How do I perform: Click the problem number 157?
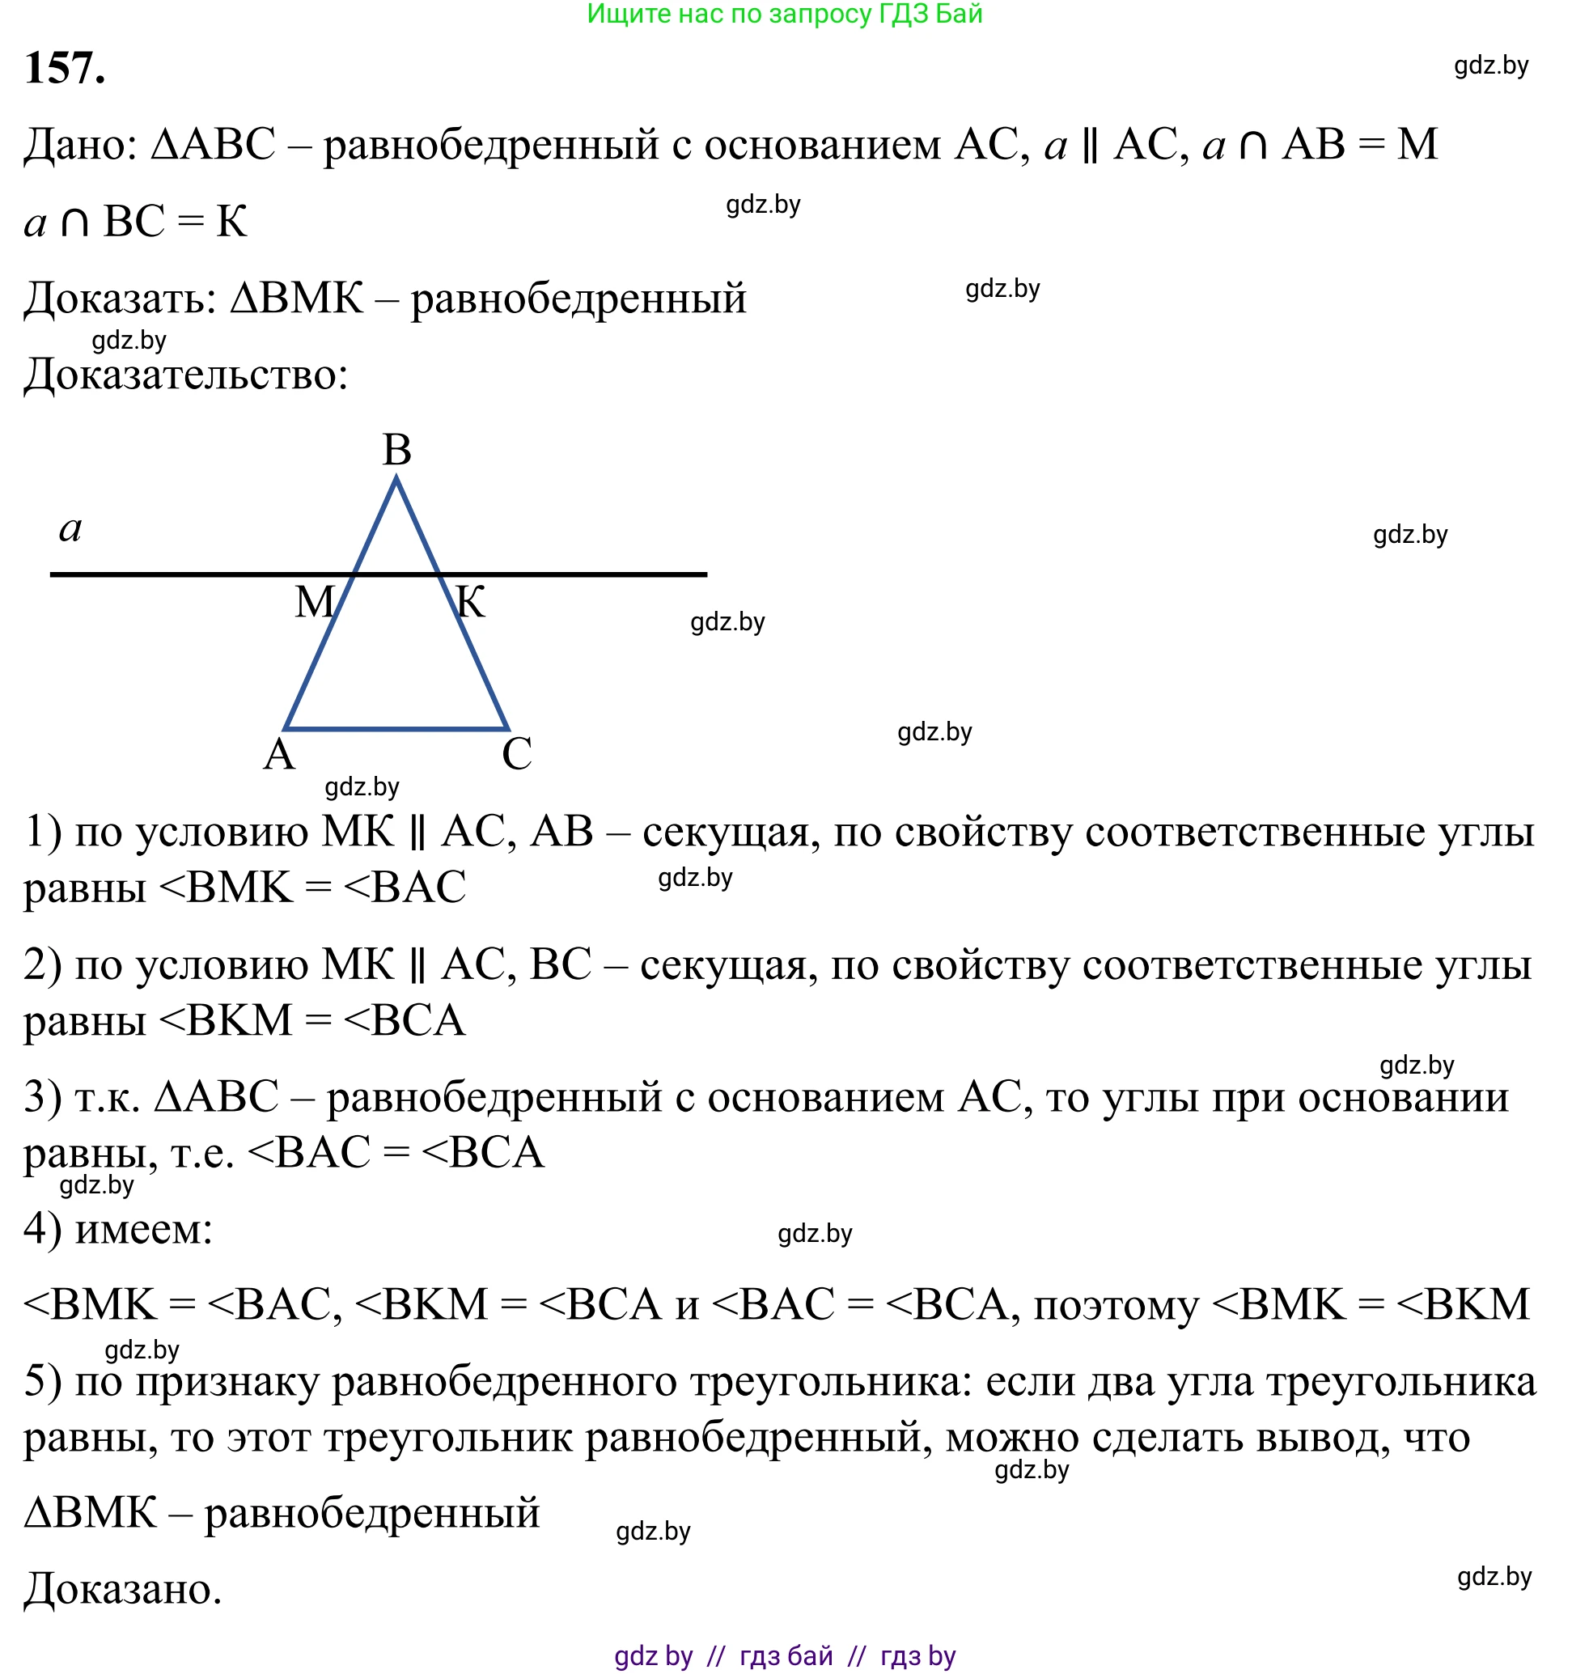click(65, 67)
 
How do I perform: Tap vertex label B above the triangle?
click(396, 451)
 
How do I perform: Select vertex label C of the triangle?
click(516, 753)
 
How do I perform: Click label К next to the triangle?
click(470, 603)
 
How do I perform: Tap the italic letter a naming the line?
click(70, 530)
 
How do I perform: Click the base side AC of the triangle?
click(396, 728)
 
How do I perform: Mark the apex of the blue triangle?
click(396, 479)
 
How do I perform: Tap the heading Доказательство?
click(185, 375)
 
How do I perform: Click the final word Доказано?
click(123, 1590)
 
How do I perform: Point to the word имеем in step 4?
click(143, 1231)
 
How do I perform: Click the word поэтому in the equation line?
click(1116, 1306)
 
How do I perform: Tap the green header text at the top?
click(785, 15)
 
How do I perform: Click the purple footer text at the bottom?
click(785, 1655)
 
